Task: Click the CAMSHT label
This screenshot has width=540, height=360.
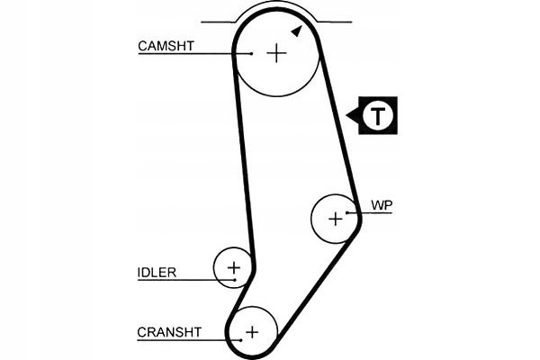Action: pos(166,46)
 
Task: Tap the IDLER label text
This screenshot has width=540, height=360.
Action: pos(157,273)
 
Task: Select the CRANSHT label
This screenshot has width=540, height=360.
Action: pos(169,332)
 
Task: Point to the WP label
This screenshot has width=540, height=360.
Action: pos(382,205)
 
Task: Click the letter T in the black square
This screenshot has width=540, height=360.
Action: pos(378,116)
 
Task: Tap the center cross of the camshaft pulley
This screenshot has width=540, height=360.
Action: pos(276,53)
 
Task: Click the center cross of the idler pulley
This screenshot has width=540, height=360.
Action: pos(234,267)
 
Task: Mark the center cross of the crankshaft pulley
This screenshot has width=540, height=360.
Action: pos(252,332)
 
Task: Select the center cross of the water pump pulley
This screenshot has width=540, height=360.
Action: pos(336,219)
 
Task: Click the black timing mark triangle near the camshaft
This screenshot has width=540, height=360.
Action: pos(297,31)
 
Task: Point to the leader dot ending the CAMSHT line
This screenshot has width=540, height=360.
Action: pos(252,54)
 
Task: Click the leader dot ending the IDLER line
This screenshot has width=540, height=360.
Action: pos(235,280)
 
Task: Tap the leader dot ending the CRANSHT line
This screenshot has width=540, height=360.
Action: pos(241,340)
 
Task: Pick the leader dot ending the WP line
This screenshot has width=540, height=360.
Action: pos(347,213)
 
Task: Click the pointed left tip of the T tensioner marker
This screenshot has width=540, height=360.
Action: pos(346,115)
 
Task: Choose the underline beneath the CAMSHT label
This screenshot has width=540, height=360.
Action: pos(195,54)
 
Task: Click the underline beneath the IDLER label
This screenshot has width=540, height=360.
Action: pos(186,280)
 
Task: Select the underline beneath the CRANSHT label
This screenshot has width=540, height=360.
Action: pos(189,340)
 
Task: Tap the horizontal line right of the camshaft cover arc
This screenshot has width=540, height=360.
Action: pos(334,22)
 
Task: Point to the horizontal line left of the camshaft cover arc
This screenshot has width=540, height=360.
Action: pos(220,22)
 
